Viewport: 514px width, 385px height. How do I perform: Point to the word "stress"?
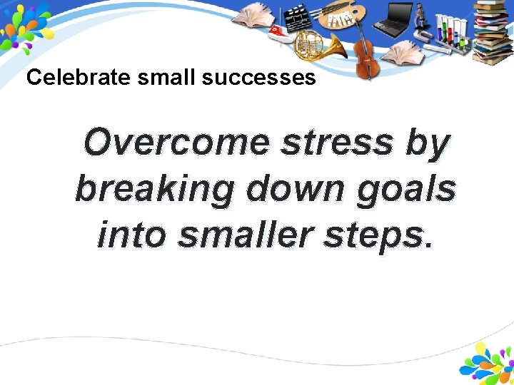[x=336, y=143]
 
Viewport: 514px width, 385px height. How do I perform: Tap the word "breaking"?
[x=153, y=190]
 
